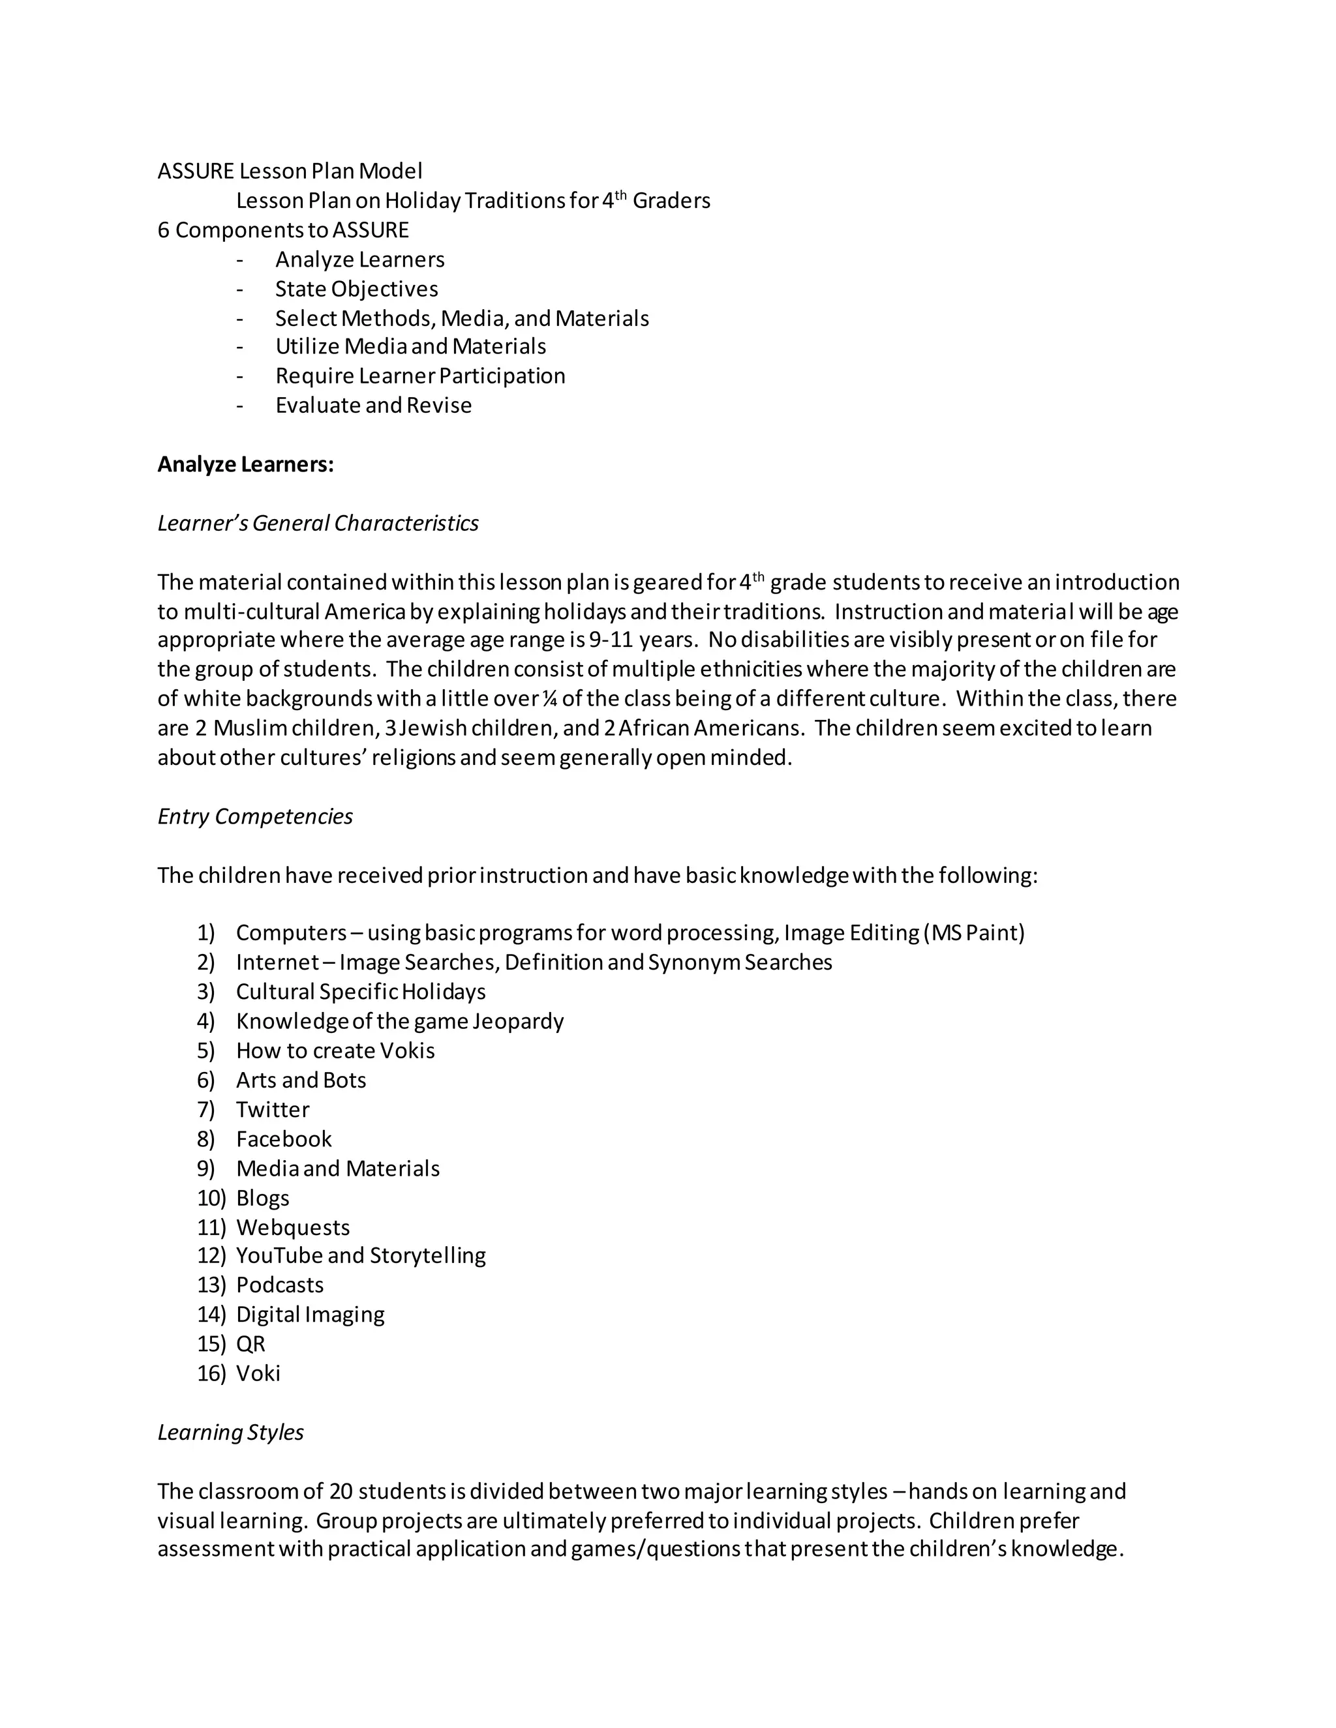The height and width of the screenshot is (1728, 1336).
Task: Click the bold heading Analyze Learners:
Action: (x=245, y=464)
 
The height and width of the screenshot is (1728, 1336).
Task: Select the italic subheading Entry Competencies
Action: (x=255, y=816)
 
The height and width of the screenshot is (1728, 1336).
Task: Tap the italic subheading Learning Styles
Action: (x=230, y=1432)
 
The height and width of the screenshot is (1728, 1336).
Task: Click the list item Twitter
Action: (x=272, y=1109)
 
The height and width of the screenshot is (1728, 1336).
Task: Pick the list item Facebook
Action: (x=283, y=1139)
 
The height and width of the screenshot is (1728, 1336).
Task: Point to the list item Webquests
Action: (x=292, y=1227)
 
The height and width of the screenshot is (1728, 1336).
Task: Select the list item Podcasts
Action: (x=279, y=1285)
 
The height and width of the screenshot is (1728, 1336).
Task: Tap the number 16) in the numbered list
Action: (x=211, y=1373)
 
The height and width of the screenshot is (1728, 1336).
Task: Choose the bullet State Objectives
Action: (x=356, y=289)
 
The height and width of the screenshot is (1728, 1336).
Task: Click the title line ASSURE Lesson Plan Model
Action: (x=290, y=171)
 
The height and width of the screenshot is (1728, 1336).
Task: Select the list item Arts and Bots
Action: (x=301, y=1080)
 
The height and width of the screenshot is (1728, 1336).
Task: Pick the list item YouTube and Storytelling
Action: (x=361, y=1256)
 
